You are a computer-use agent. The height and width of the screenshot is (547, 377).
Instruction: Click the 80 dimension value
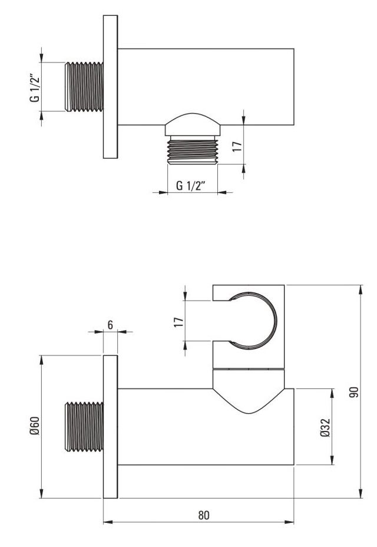point(204,515)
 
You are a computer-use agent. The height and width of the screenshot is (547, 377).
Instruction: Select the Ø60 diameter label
point(35,426)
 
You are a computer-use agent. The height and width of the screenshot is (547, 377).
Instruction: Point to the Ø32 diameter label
point(325,428)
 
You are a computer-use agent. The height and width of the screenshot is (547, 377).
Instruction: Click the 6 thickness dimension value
point(110,325)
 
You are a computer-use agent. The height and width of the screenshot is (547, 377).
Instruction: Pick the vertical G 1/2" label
point(35,88)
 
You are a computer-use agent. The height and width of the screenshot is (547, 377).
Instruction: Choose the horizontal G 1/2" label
point(190,185)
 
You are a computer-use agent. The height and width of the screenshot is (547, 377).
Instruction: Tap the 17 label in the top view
point(237,146)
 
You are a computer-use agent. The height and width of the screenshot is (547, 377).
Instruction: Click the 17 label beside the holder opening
point(178,322)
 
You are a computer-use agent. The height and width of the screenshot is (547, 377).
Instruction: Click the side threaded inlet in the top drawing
point(84,87)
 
